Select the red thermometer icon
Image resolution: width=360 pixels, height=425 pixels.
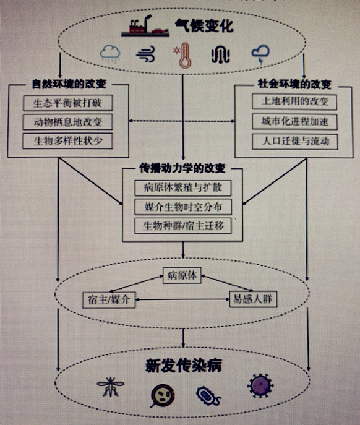click(184, 56)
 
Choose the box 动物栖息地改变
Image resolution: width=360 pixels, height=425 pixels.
click(69, 122)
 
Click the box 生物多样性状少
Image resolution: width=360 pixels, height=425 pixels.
click(69, 141)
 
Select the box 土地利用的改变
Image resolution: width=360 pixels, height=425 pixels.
click(294, 101)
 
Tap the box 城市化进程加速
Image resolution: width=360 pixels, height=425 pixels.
click(294, 121)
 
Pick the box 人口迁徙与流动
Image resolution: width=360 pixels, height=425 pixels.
click(294, 140)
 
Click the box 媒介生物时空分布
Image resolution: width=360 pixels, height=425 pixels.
click(182, 207)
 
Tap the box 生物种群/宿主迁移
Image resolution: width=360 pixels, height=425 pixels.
click(182, 226)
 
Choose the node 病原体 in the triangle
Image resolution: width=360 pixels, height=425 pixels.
click(182, 276)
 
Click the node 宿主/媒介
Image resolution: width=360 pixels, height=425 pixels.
click(107, 300)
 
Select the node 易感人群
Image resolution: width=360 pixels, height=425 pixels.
click(254, 300)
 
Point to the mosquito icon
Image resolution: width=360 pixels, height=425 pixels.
click(110, 389)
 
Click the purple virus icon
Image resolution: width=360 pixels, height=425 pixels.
click(259, 386)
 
